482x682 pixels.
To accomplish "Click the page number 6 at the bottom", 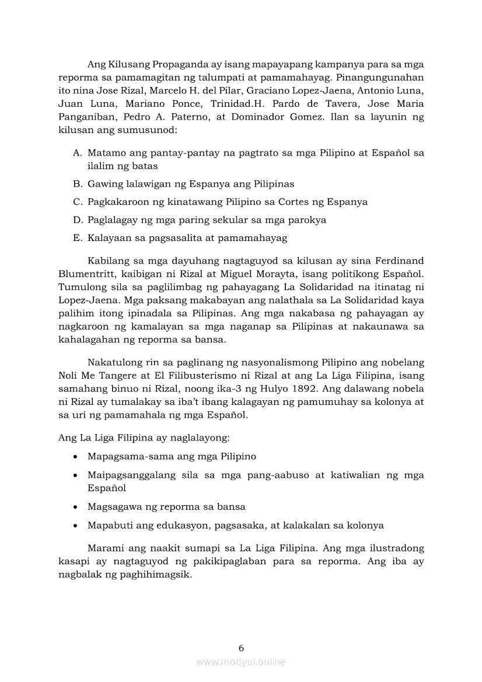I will click(241, 648).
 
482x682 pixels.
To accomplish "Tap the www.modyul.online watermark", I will click(241, 662).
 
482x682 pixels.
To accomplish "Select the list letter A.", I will click(76, 153).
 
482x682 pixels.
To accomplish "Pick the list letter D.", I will click(76, 220).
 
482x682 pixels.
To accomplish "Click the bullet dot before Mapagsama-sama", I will click(76, 457).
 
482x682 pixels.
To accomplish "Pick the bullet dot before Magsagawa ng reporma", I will click(76, 507).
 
